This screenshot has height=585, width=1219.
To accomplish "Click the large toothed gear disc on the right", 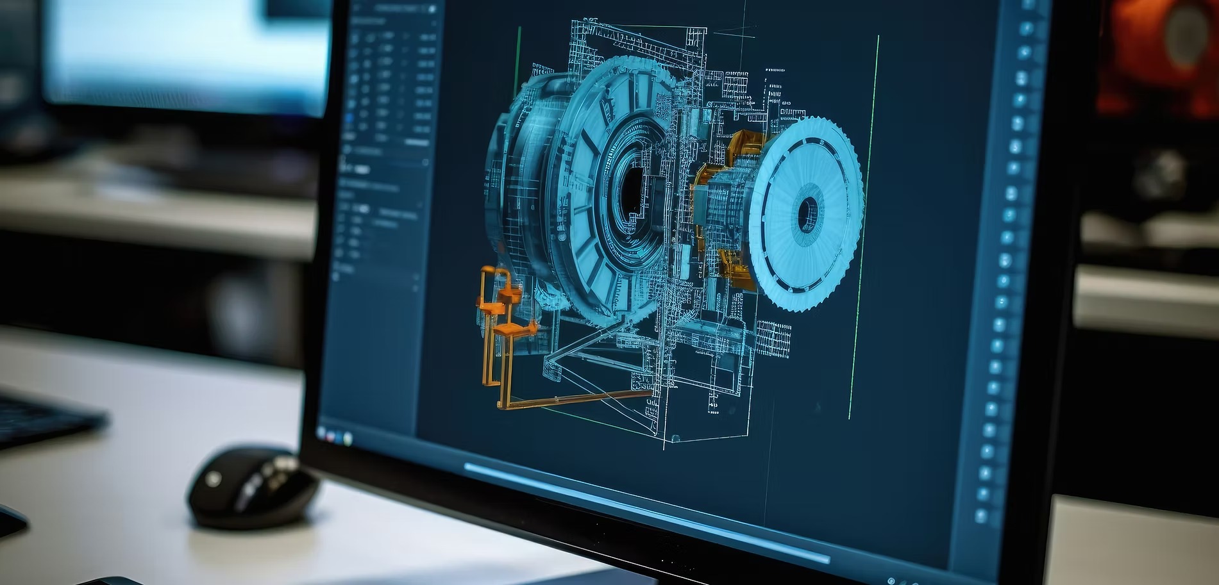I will click(807, 213).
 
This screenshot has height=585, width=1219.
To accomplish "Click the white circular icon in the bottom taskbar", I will click(348, 438).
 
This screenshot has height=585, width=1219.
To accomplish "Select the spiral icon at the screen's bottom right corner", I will click(891, 581).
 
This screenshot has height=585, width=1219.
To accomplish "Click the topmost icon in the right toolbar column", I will click(1027, 29).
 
